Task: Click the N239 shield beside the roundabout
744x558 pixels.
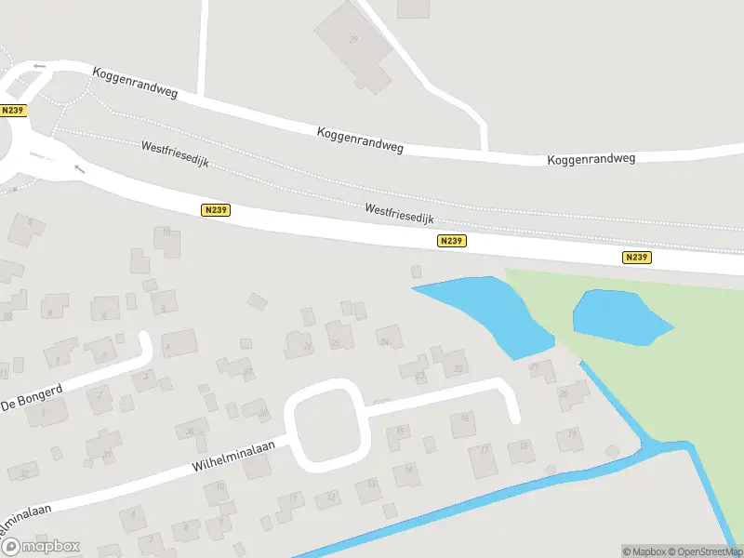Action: coord(13,110)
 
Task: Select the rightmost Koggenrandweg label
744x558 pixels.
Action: coord(591,159)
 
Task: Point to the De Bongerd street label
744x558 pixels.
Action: coord(31,398)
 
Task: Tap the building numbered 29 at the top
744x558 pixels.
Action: coord(352,42)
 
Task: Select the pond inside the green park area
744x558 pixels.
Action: coord(618,316)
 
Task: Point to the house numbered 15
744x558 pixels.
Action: coord(400,432)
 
